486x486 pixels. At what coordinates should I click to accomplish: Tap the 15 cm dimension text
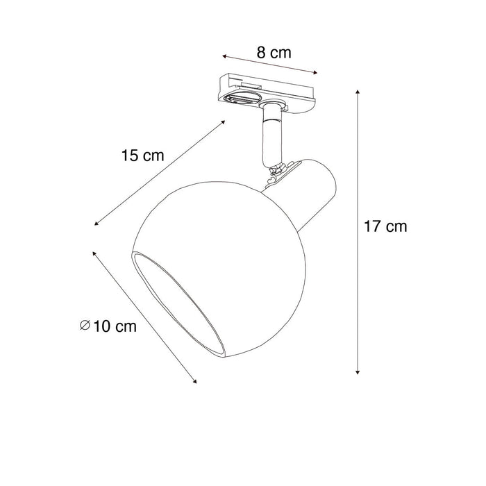pyautogui.click(x=142, y=156)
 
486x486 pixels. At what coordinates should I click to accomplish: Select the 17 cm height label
pyautogui.click(x=385, y=226)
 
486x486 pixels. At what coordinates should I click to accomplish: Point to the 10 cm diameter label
pyautogui.click(x=112, y=326)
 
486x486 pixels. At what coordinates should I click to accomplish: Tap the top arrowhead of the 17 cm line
pyautogui.click(x=358, y=91)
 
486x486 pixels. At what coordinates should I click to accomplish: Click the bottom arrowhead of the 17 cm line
pyautogui.click(x=358, y=373)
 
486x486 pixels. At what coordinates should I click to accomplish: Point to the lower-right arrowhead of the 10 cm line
pyautogui.click(x=195, y=381)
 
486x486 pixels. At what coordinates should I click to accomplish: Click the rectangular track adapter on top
pyautogui.click(x=267, y=90)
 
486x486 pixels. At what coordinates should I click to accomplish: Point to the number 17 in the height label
pyautogui.click(x=374, y=226)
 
